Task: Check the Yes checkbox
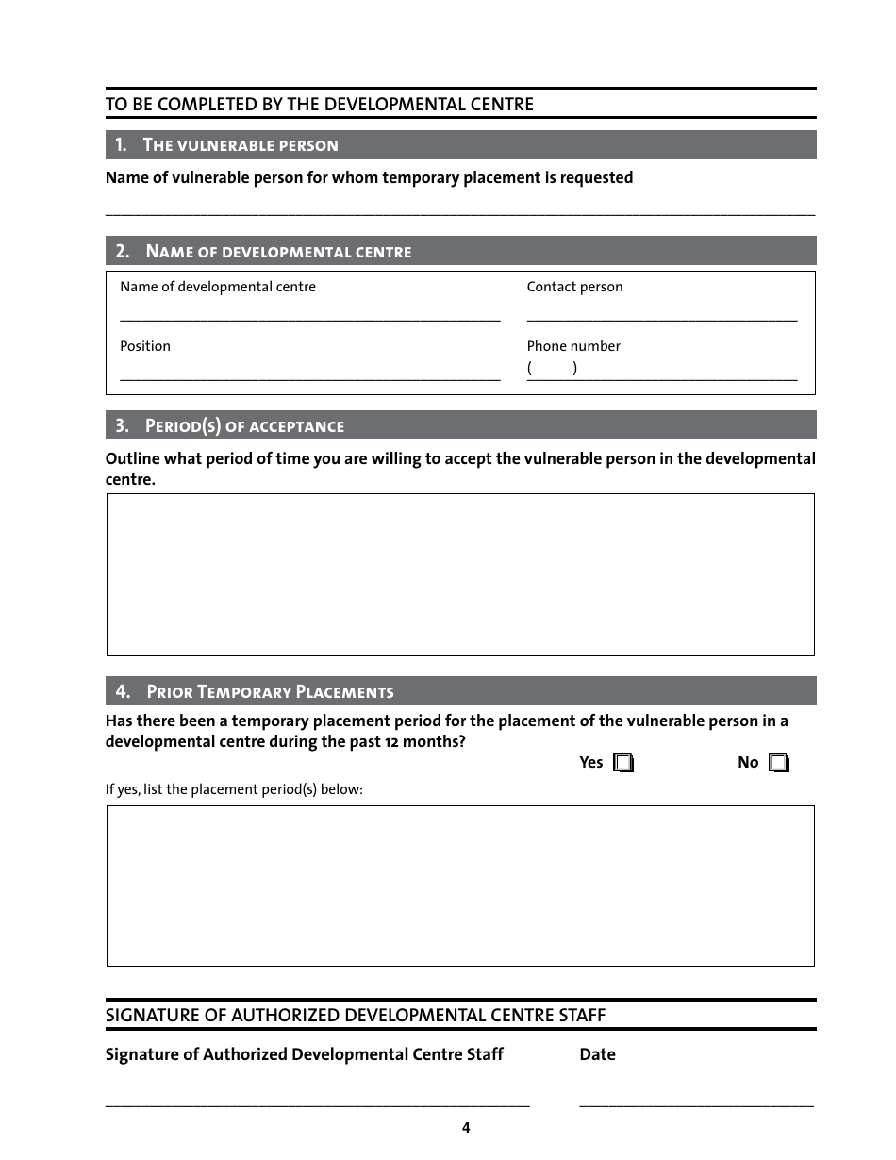coord(622,763)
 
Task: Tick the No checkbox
coord(778,763)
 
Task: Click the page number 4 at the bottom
coord(466,1128)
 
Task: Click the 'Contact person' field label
coord(574,287)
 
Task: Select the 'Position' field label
coord(145,346)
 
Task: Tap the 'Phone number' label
coord(573,346)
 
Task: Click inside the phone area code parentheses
coord(552,369)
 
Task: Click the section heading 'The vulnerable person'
coord(240,145)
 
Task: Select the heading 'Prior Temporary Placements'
coord(269,692)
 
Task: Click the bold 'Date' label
coord(597,1054)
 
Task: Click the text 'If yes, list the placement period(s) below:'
coord(234,789)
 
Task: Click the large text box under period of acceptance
coord(460,574)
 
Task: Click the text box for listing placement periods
coord(460,886)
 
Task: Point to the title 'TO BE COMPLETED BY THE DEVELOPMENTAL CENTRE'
coord(319,105)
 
